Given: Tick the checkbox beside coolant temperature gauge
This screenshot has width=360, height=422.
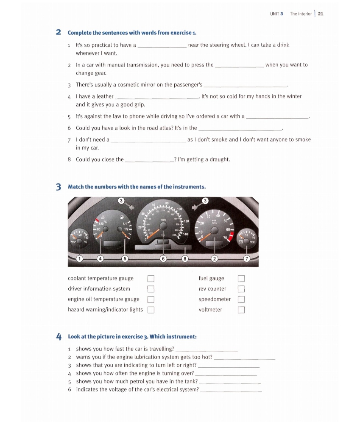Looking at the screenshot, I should coord(151,279).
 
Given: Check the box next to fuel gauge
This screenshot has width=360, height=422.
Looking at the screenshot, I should coord(241,279).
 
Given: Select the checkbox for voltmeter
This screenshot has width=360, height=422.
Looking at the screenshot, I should coord(241,310).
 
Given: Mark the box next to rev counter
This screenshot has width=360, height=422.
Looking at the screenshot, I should coord(241,289).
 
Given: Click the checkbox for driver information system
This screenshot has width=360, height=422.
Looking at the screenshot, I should coord(151,289).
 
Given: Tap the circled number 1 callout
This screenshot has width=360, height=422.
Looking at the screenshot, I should coord(80,259).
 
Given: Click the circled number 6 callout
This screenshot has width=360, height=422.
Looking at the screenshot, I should coord(163,259).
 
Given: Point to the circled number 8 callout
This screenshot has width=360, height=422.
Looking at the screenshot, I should coord(185,259).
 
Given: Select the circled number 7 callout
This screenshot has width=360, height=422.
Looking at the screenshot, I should coord(247,259).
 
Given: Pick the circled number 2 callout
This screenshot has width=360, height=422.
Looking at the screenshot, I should coord(214,259).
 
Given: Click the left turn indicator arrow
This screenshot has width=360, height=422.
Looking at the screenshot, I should coord(132,207).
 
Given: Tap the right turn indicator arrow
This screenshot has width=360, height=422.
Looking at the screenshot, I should coord(195,207).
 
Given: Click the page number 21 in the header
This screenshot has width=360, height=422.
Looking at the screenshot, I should coord(320,14).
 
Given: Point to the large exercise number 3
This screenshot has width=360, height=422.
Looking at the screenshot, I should coord(58,187).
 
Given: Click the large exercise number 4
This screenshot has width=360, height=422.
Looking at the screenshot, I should coord(59,337).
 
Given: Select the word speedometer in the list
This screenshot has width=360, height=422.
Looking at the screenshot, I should coord(214,299).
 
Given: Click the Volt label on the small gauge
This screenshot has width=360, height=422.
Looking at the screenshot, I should coord(252,242).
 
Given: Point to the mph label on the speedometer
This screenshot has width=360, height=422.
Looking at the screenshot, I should coord(163,220).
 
